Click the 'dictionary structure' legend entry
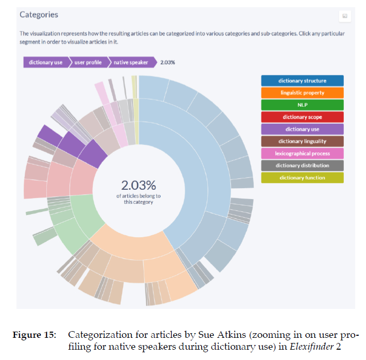302,80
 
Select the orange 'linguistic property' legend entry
302,93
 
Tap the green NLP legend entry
302,105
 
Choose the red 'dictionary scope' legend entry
302,117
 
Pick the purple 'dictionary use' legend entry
302,129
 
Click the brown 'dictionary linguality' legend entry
302,141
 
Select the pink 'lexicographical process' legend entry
302,153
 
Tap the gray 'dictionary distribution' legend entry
302,166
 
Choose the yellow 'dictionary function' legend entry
302,177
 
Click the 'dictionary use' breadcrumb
45,62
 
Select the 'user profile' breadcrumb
88,62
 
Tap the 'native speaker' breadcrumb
131,62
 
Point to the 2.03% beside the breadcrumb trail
168,62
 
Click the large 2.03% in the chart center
138,185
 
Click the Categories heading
39,14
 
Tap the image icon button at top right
344,16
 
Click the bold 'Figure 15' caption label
34,334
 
